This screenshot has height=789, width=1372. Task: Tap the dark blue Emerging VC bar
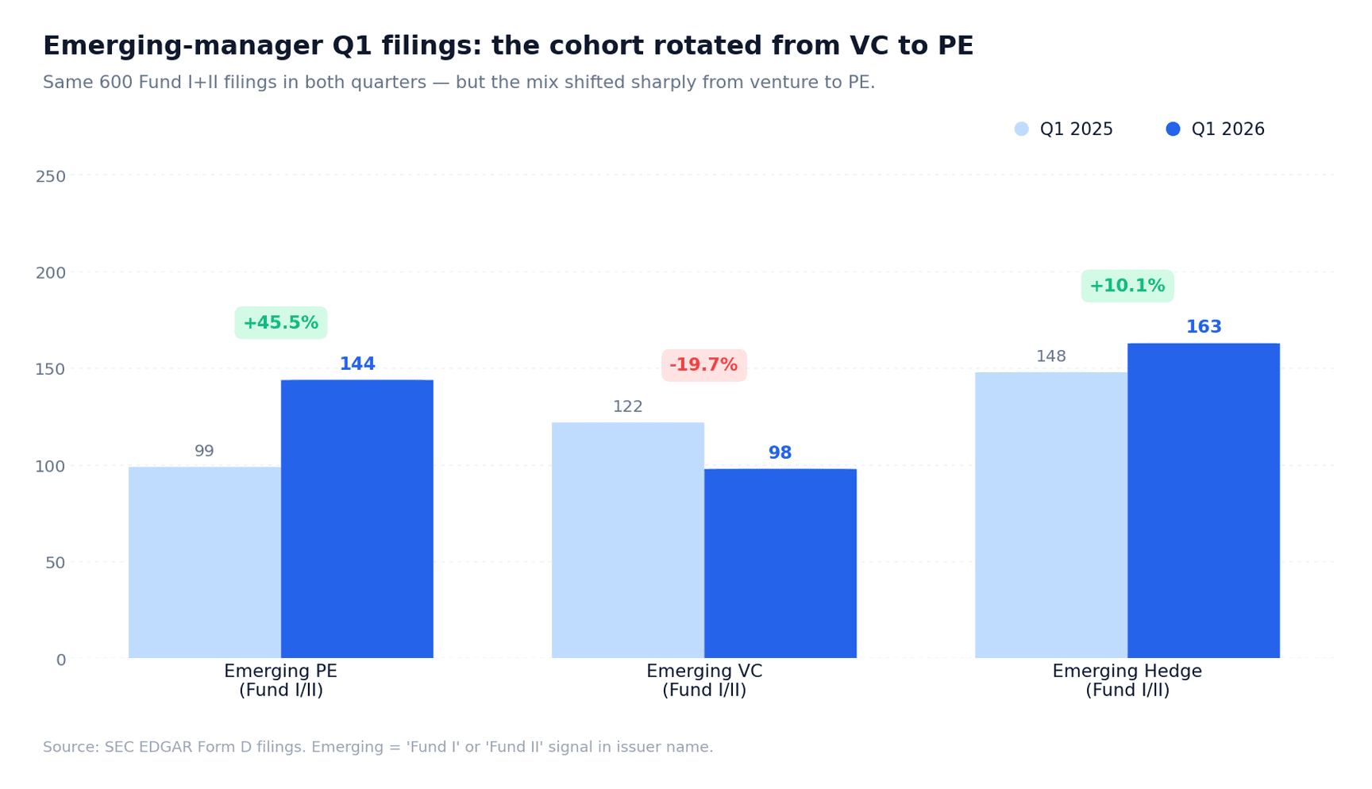[780, 563]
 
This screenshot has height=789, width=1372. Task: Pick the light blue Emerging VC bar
[627, 540]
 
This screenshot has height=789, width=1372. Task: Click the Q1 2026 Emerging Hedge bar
[1203, 500]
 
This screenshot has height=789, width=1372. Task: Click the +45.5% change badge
[280, 323]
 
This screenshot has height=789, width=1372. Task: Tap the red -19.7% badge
[703, 365]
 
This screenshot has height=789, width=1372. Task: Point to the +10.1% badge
[1127, 286]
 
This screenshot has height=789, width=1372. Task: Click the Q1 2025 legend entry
[1064, 129]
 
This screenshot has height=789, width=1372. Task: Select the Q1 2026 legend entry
[1216, 129]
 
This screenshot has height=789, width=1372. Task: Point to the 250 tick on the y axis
[50, 176]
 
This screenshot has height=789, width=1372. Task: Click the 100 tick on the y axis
[50, 466]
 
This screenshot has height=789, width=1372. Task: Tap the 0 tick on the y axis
[60, 660]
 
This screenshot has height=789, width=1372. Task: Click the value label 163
[1203, 327]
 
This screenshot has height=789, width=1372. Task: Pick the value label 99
[204, 451]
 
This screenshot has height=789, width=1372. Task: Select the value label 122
[627, 406]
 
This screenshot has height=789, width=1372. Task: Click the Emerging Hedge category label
[1127, 680]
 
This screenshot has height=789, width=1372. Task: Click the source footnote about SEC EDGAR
[378, 747]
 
